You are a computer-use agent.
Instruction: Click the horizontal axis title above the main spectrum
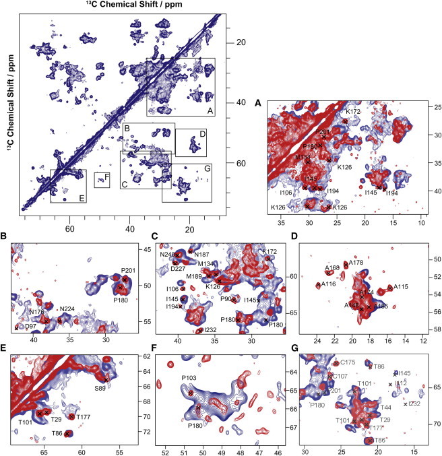click(x=119, y=6)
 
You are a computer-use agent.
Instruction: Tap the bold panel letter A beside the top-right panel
click(x=258, y=103)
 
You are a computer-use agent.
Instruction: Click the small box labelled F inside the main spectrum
click(x=102, y=180)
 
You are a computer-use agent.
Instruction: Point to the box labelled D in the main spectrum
click(x=191, y=143)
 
